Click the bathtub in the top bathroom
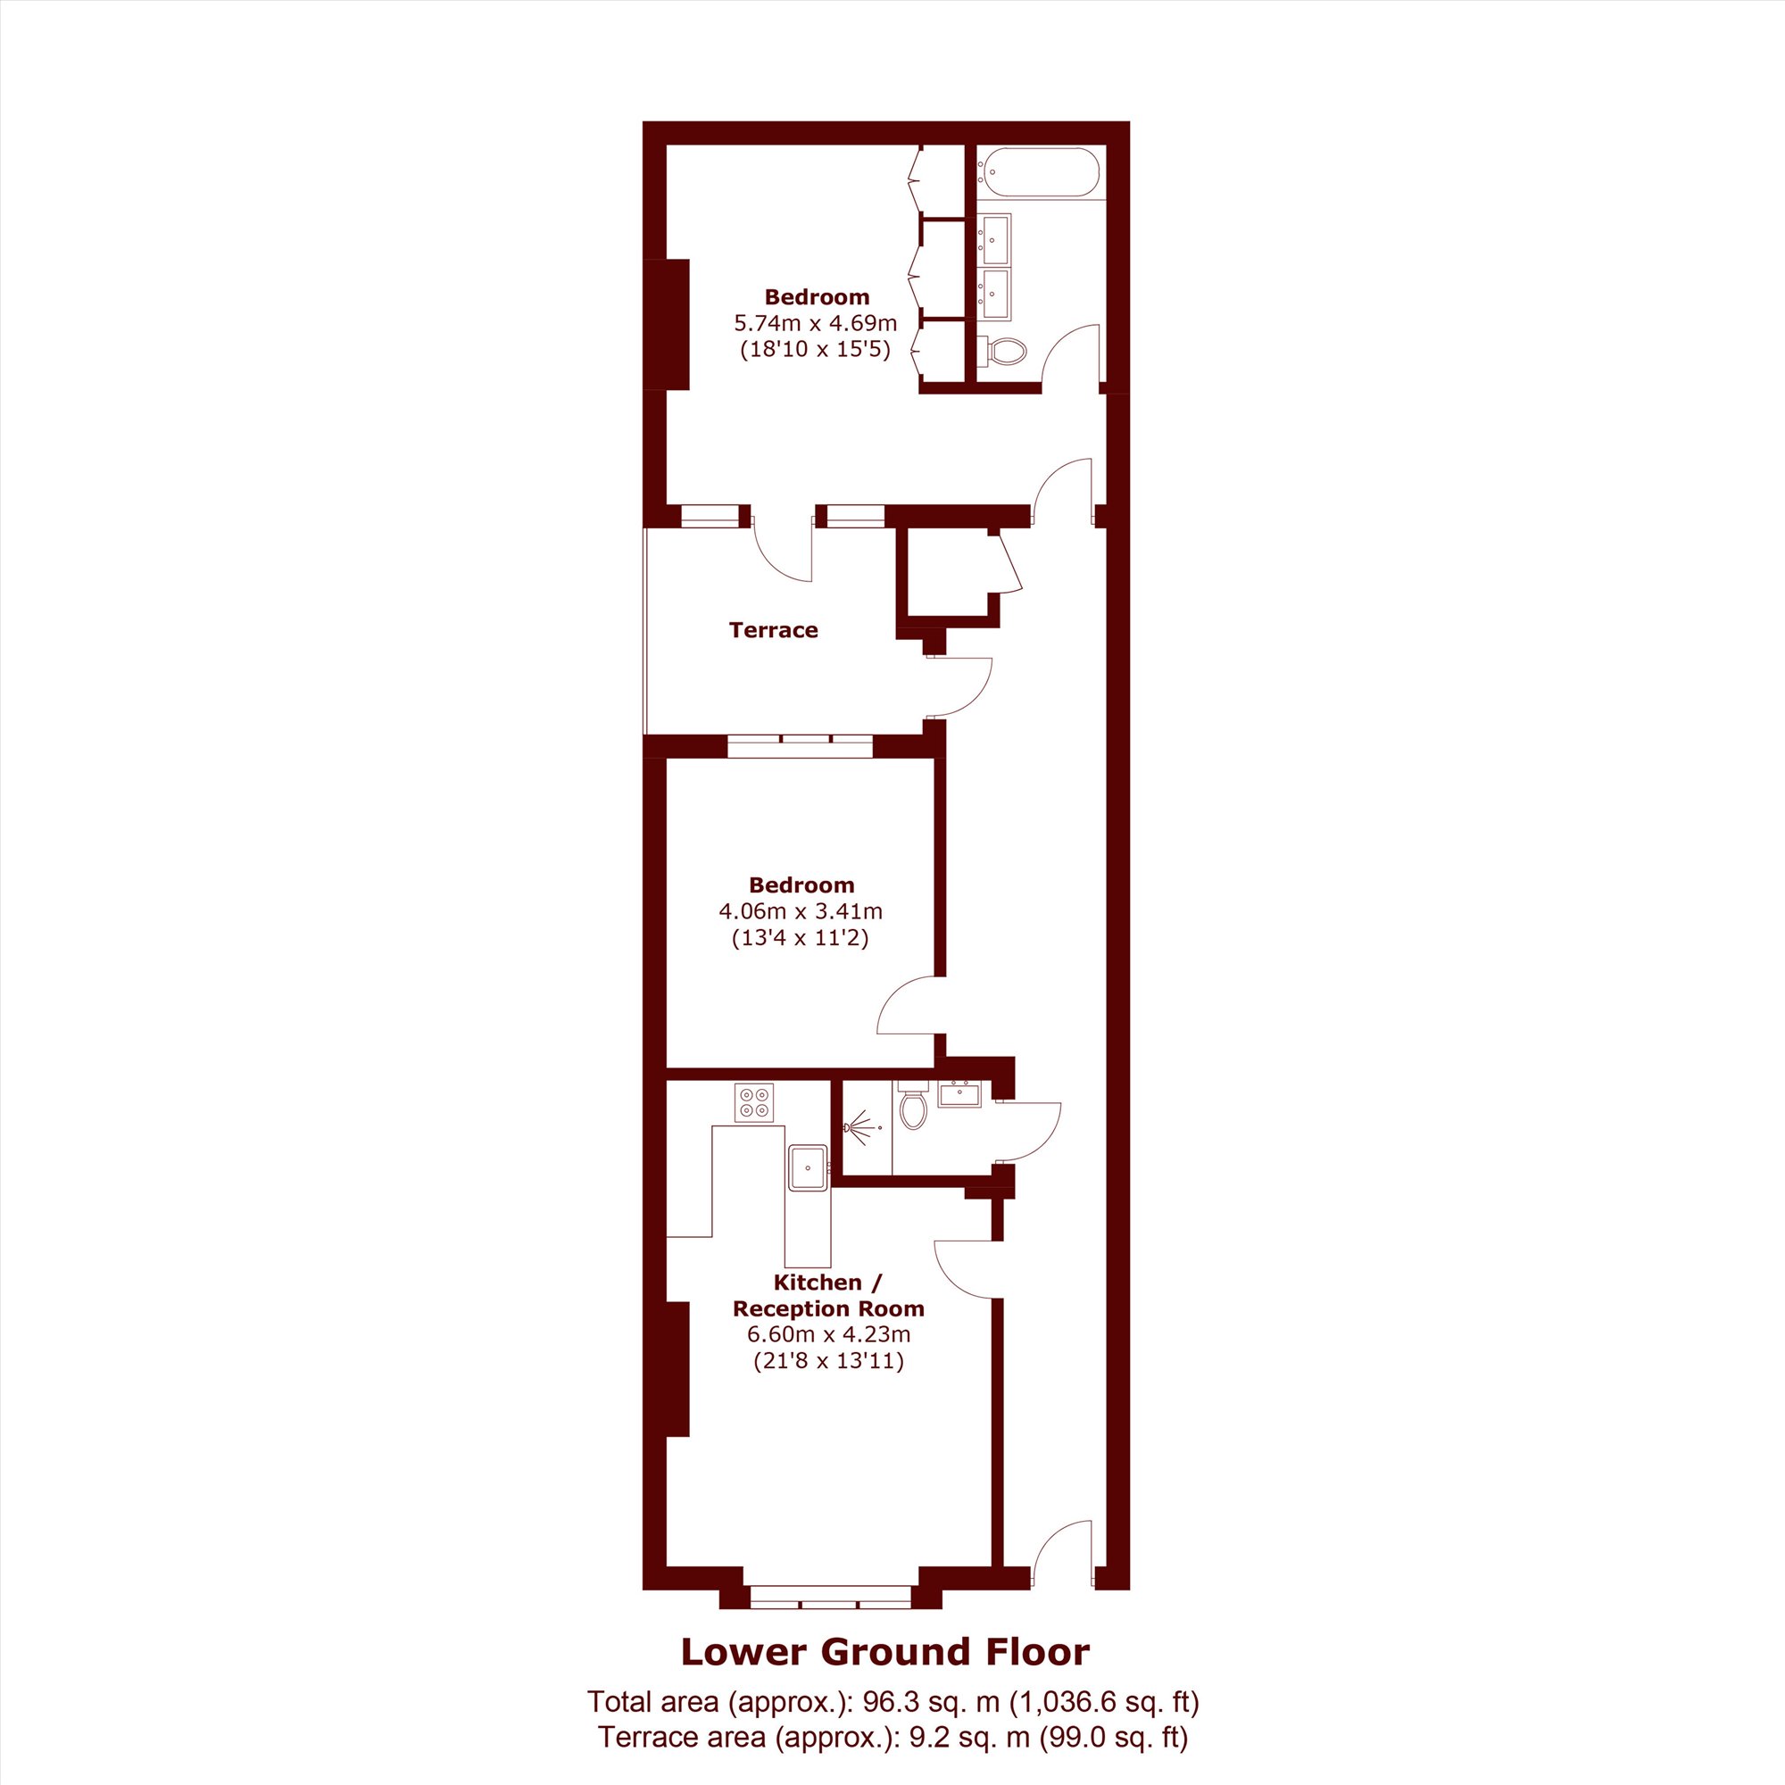coord(1042,172)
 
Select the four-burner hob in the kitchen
coord(753,1103)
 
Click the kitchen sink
coord(809,1166)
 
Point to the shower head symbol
coord(859,1128)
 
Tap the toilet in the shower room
coord(912,1105)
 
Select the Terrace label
coord(773,630)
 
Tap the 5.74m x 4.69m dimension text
coord(816,323)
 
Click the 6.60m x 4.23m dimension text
coord(829,1334)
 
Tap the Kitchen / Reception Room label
coord(829,1295)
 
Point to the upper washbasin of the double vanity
coord(995,239)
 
